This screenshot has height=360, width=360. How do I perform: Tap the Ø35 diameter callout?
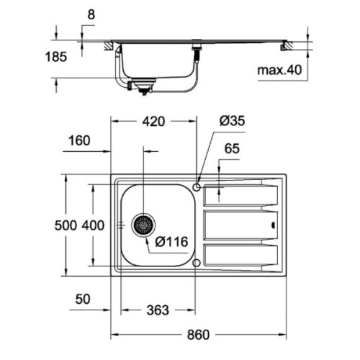point(233,122)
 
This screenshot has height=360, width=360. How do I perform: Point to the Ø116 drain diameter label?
point(172,243)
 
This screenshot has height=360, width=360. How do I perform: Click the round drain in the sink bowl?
point(143,225)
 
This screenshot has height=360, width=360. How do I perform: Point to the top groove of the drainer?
point(241,192)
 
